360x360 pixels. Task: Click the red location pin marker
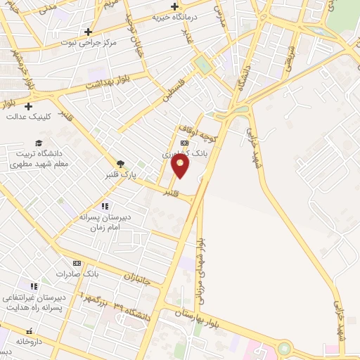(181, 166)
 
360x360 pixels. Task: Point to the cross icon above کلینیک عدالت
(28, 106)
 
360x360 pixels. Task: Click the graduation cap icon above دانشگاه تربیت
(39, 143)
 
